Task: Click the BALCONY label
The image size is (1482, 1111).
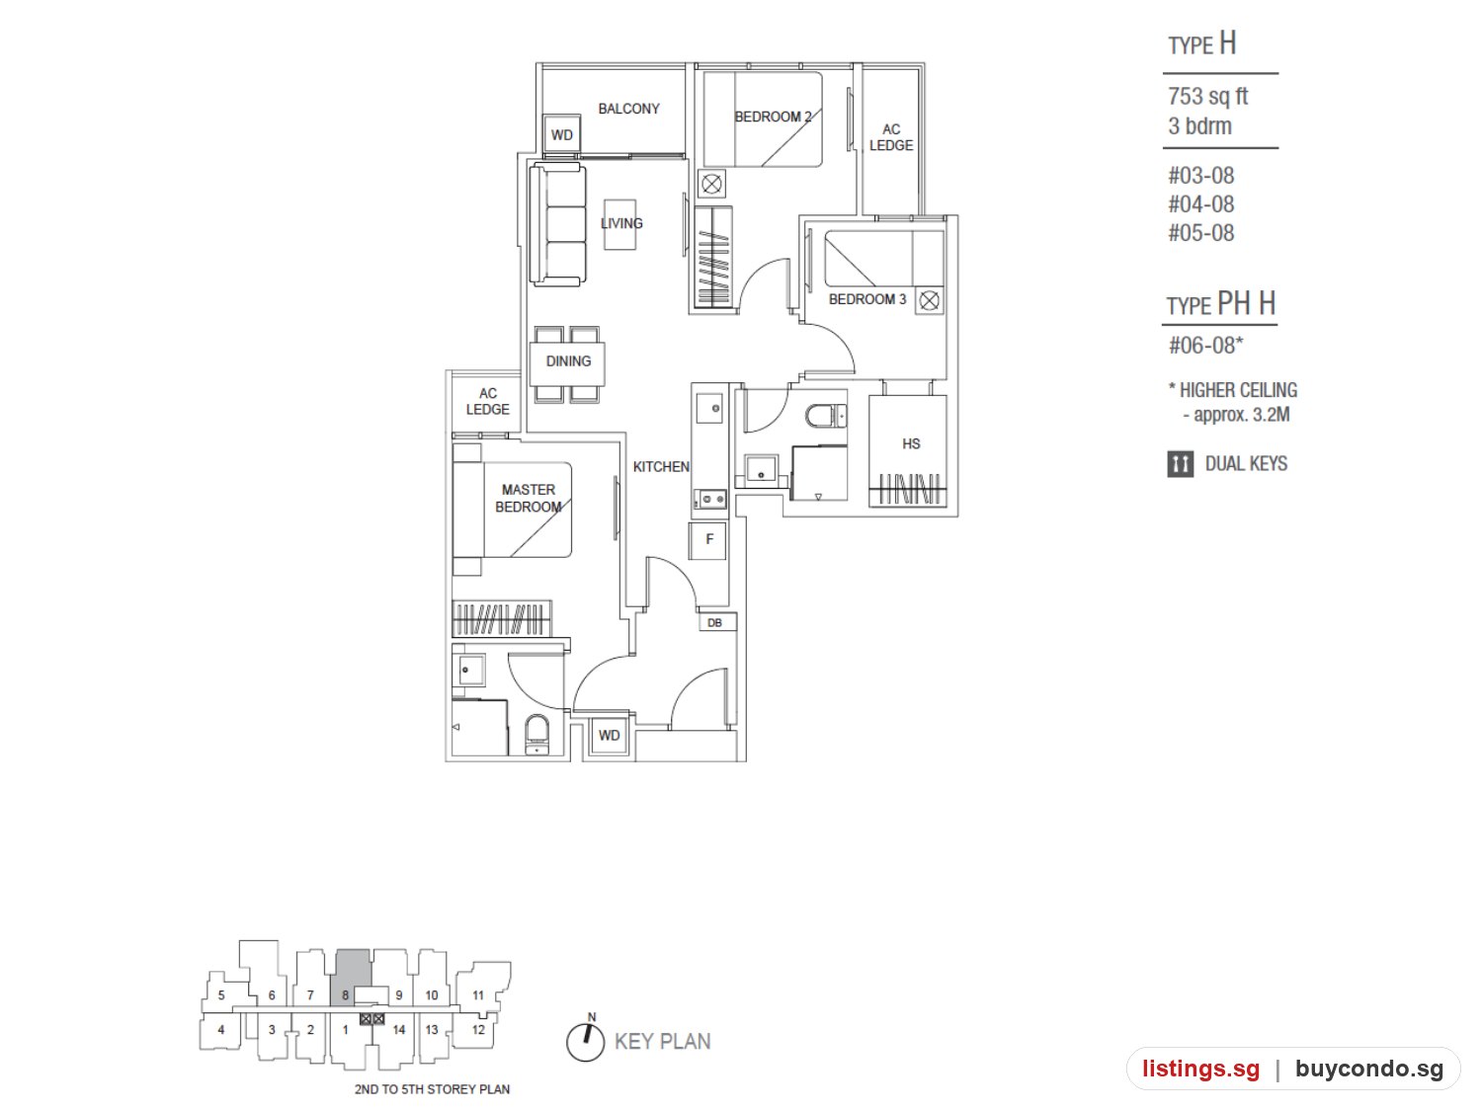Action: click(x=628, y=109)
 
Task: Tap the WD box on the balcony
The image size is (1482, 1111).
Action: click(x=562, y=134)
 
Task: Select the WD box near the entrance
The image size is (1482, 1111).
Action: click(x=609, y=735)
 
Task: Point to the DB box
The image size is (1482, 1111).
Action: click(x=716, y=622)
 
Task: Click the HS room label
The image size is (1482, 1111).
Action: click(x=911, y=443)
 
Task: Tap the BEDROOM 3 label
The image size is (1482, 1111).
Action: click(x=866, y=299)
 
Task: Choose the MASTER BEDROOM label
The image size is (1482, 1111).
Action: click(x=528, y=498)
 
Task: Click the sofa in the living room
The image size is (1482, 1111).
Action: click(x=557, y=224)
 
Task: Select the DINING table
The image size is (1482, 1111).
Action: click(x=567, y=362)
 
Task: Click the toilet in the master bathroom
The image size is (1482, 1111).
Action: click(x=537, y=735)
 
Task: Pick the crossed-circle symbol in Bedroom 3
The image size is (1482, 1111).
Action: click(x=930, y=300)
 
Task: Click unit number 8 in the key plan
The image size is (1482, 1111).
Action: click(x=345, y=995)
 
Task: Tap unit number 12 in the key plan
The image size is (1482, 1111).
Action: click(x=478, y=1029)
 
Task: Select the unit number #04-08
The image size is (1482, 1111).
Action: click(x=1201, y=203)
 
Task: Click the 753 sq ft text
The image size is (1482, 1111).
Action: click(x=1208, y=96)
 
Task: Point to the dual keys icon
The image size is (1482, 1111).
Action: click(x=1181, y=464)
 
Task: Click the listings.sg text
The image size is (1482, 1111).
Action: click(x=1200, y=1069)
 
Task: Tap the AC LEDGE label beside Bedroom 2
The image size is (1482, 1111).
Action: click(x=890, y=137)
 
